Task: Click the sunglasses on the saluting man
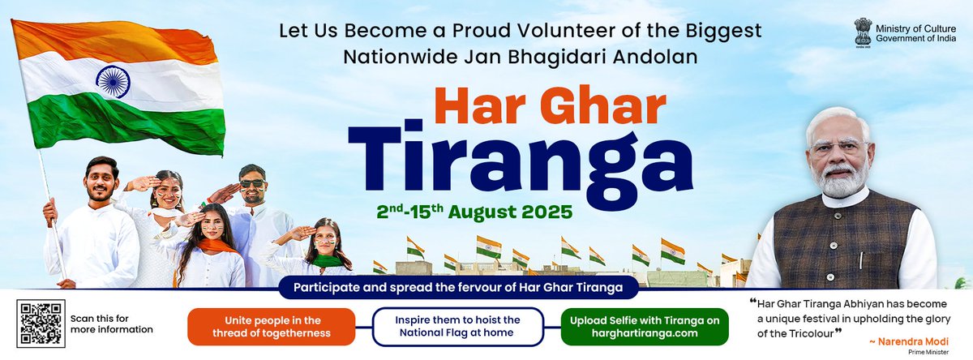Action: click(x=251, y=183)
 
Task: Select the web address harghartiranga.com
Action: click(x=645, y=333)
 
